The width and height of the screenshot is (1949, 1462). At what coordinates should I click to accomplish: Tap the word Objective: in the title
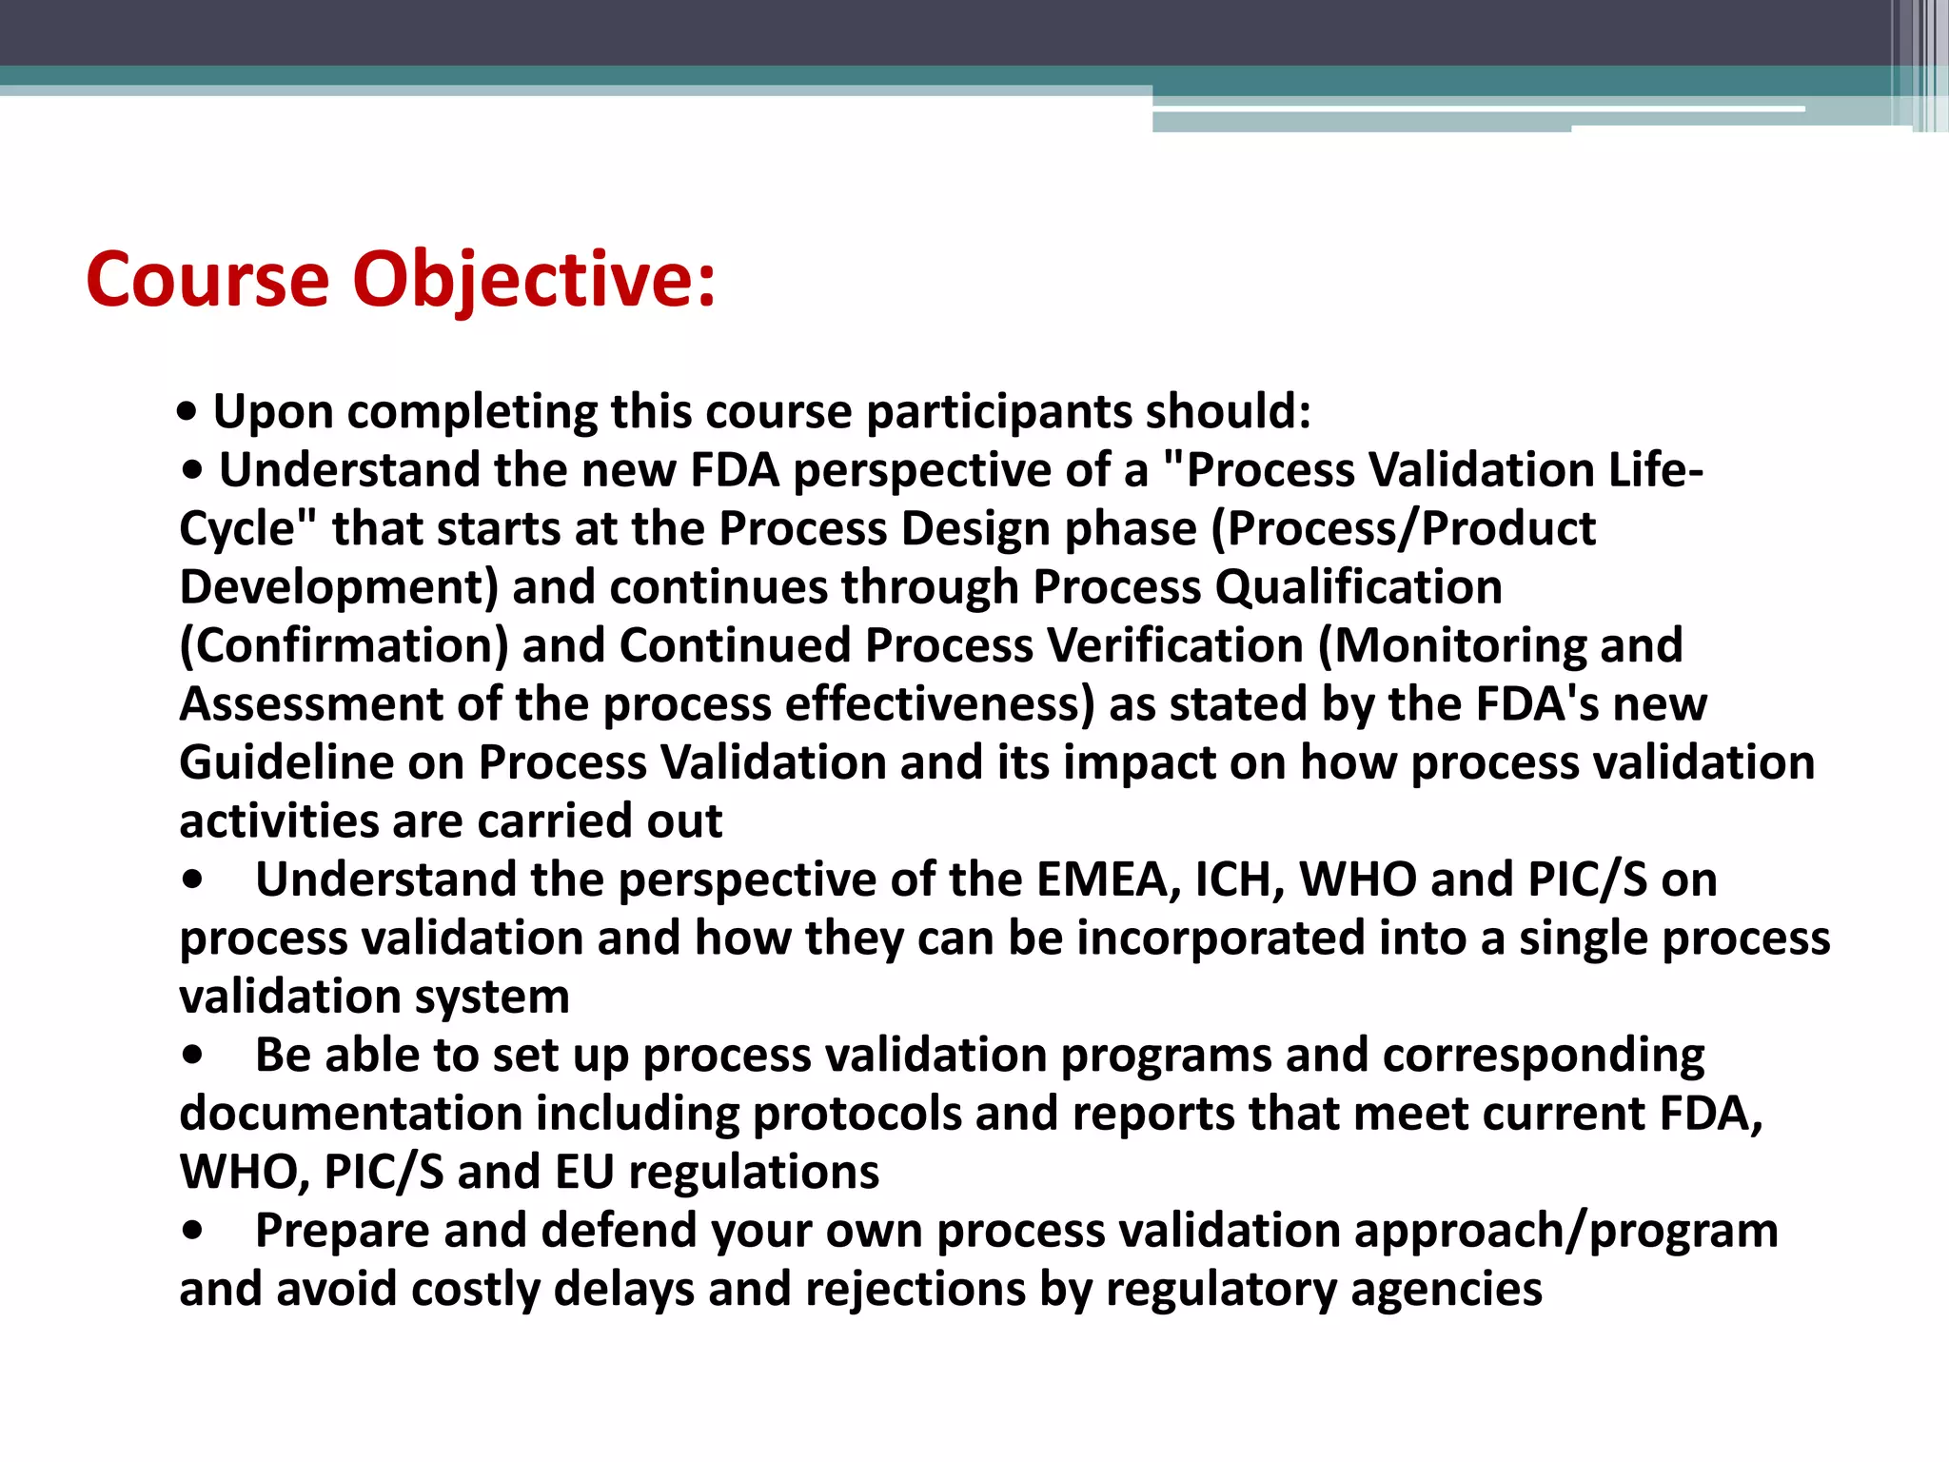(x=534, y=281)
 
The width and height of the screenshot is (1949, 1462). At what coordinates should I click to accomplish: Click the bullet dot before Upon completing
(x=188, y=413)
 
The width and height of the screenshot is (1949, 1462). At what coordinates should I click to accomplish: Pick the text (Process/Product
(x=1403, y=528)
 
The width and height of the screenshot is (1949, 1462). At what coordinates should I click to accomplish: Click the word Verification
(x=1175, y=645)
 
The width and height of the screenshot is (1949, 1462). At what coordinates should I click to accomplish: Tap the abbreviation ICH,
(x=1240, y=879)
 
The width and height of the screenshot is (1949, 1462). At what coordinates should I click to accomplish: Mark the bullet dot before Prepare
(x=194, y=1232)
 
